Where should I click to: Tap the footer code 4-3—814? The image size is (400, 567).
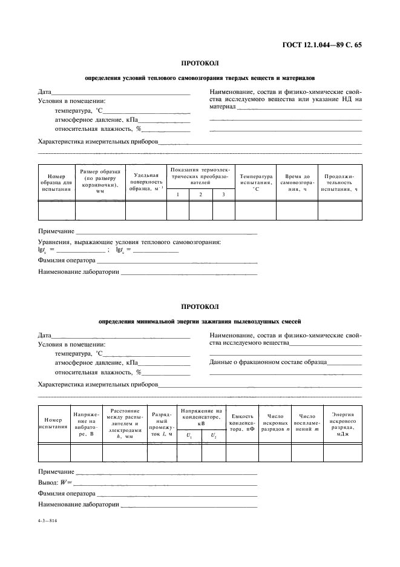tap(47, 520)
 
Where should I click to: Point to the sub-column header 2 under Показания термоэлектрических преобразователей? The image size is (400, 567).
tap(200, 194)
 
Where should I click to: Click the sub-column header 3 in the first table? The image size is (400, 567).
tap(223, 194)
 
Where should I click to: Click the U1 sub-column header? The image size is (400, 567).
tap(189, 436)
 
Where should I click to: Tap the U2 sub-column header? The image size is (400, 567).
tap(213, 436)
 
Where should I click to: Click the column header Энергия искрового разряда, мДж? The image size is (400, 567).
tap(343, 423)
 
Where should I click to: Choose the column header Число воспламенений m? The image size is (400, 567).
tap(307, 423)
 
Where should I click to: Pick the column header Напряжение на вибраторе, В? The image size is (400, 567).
tap(86, 423)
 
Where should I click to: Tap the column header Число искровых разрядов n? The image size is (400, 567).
tap(275, 423)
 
